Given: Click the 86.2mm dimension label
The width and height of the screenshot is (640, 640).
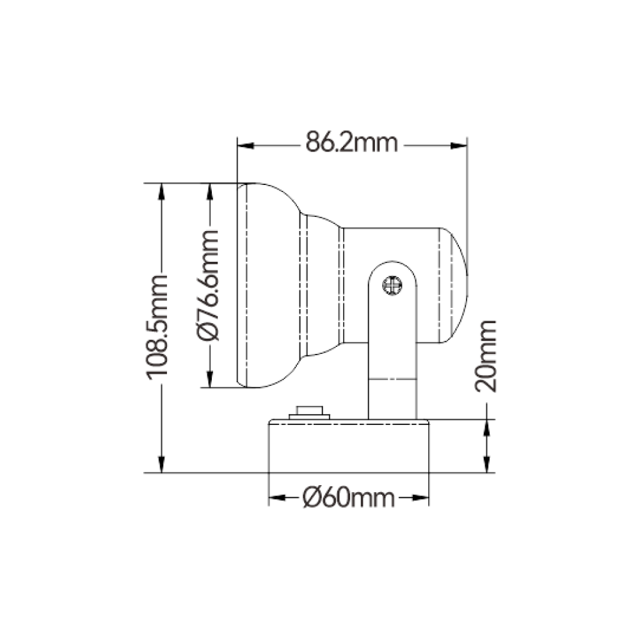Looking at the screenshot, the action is coord(351,142).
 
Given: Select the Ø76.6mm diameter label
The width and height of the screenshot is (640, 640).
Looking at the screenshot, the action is coord(208,285).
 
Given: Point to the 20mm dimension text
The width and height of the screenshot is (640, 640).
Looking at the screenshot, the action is coord(486,356).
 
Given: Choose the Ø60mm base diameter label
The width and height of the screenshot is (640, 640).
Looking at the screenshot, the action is coord(349,498).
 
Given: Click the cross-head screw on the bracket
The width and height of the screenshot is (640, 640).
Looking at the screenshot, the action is coord(392,285).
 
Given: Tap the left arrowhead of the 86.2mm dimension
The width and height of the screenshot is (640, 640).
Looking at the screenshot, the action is coord(246,146).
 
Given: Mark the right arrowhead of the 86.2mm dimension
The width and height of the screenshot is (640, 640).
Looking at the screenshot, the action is coord(459,146).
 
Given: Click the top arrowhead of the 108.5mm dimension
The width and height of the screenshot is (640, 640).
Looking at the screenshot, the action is coord(162,191).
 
